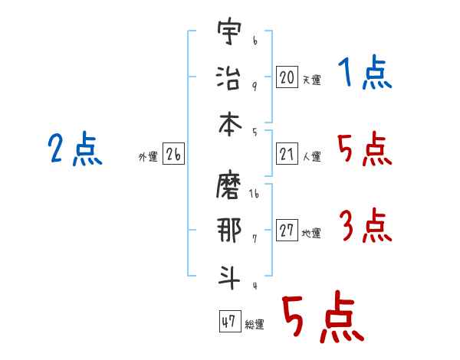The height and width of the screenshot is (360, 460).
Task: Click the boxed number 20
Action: click(x=287, y=77)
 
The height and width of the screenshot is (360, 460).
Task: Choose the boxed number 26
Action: click(x=173, y=155)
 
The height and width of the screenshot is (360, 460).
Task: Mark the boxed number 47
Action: click(x=228, y=322)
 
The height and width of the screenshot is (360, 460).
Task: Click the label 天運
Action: click(x=311, y=79)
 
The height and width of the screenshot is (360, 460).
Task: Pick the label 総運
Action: click(x=255, y=325)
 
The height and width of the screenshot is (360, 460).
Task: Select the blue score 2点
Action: click(x=74, y=149)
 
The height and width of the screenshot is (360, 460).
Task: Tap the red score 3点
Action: click(x=365, y=225)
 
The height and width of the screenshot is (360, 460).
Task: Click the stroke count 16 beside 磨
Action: click(x=255, y=195)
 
